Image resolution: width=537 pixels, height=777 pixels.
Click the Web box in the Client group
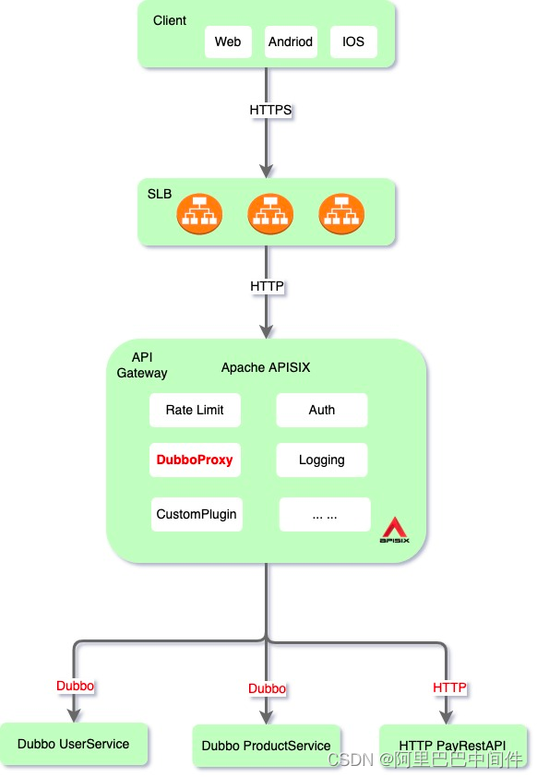click(x=228, y=42)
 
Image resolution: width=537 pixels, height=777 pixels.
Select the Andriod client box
click(x=291, y=42)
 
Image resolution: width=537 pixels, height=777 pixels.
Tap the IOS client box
click(x=353, y=42)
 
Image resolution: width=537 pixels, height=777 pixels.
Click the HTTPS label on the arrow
click(x=270, y=110)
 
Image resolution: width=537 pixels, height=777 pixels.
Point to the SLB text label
click(x=160, y=194)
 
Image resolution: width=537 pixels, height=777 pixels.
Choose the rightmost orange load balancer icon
click(x=341, y=213)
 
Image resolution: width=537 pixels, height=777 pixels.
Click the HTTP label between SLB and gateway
click(x=268, y=287)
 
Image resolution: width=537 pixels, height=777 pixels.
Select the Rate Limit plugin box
click(x=195, y=411)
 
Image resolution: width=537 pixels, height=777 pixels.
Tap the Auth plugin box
click(x=322, y=411)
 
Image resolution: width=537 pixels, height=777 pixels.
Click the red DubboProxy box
click(x=195, y=460)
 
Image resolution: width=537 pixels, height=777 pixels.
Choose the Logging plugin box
click(x=322, y=460)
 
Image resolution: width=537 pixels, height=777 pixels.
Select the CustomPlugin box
click(x=197, y=514)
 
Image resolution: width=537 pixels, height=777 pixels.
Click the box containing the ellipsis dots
click(x=325, y=515)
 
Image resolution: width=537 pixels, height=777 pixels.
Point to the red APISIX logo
click(x=395, y=530)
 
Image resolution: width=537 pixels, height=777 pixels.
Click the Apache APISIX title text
click(x=266, y=367)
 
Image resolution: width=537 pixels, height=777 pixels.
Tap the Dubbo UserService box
click(x=74, y=744)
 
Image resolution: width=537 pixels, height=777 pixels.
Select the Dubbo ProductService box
click(x=267, y=746)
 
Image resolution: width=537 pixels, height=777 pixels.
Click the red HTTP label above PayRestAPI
click(x=450, y=687)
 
